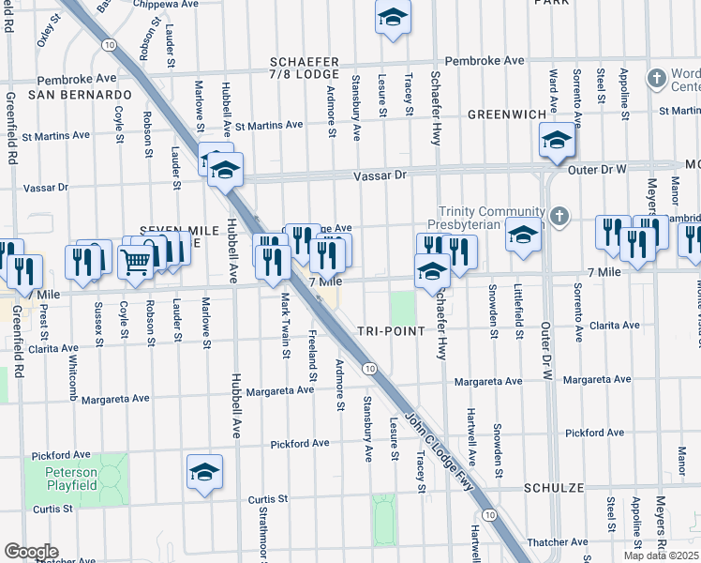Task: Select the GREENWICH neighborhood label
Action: (x=507, y=114)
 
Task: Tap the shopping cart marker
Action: (x=136, y=264)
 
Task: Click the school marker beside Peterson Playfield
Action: (x=204, y=475)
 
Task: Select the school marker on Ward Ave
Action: (x=557, y=142)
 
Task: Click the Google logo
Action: (x=31, y=552)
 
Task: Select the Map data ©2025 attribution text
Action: (x=661, y=555)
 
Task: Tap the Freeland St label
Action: (x=313, y=357)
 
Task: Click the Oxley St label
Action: (x=43, y=28)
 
